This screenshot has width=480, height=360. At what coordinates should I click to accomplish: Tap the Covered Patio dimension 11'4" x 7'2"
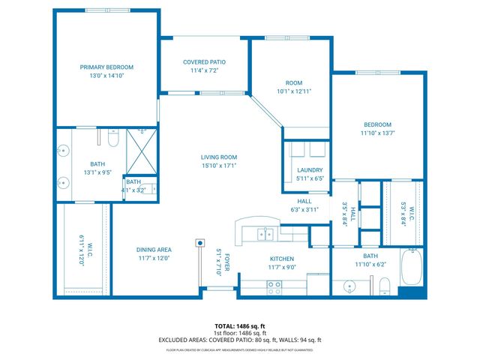[204, 71]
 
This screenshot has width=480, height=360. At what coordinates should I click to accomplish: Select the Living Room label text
[218, 157]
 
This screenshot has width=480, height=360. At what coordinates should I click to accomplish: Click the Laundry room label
[309, 170]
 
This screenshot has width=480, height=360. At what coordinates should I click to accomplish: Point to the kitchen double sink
[265, 234]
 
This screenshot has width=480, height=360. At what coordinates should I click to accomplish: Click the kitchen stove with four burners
[274, 285]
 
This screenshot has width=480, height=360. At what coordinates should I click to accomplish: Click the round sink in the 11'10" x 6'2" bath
[349, 286]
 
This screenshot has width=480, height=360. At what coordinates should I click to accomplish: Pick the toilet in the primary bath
[112, 139]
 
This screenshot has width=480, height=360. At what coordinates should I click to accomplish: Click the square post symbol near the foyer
[200, 242]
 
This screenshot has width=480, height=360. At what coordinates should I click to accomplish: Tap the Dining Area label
[154, 250]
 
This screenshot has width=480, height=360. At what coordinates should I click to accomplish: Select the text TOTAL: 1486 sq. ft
[240, 326]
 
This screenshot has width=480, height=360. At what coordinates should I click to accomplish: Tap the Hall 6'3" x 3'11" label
[304, 201]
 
